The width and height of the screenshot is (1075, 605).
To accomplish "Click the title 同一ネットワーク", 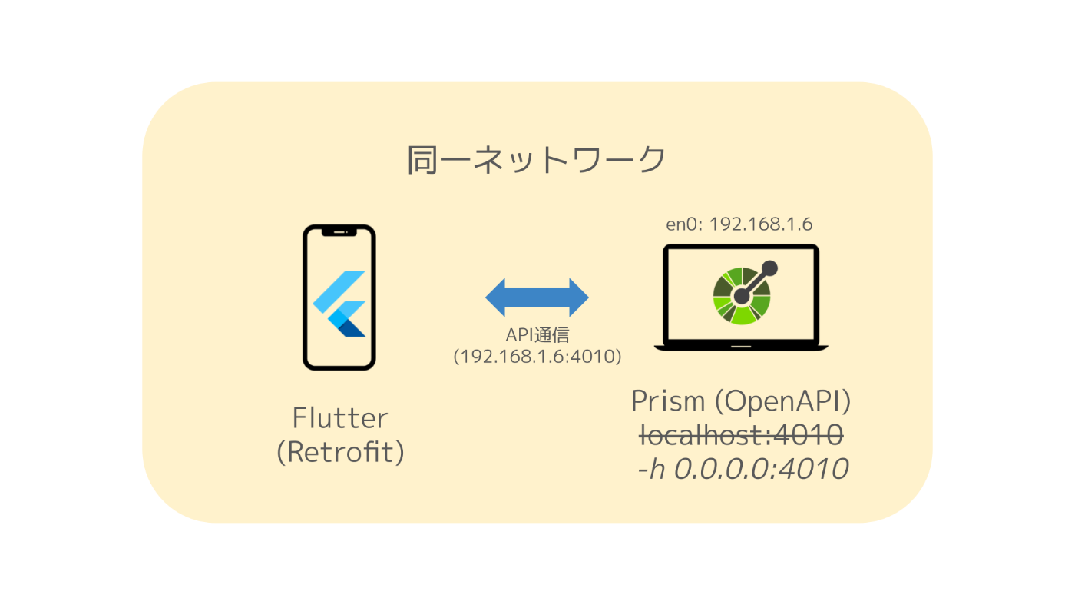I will click(536, 161).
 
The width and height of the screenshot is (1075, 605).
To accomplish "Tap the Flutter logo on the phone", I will click(340, 304).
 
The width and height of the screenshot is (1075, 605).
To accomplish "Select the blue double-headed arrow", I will click(537, 297).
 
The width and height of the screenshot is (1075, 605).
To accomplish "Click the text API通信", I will click(537, 336).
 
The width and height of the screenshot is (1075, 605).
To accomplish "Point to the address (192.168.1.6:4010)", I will click(537, 357).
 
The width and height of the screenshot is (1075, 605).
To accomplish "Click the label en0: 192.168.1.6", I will click(739, 224).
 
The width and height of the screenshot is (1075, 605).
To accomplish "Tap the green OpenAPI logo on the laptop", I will click(742, 294).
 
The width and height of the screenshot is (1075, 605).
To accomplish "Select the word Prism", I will click(667, 401).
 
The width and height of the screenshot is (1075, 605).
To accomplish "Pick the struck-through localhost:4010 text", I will click(741, 435).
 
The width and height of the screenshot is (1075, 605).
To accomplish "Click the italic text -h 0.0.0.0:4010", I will click(743, 469).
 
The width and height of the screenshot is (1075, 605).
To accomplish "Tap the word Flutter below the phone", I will click(340, 419).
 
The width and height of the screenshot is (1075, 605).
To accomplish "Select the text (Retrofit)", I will click(340, 452).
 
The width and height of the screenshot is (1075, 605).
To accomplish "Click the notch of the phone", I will click(339, 230).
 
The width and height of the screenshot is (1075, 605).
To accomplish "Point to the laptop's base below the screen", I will click(741, 347).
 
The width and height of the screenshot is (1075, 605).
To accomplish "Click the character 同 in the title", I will click(422, 161).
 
